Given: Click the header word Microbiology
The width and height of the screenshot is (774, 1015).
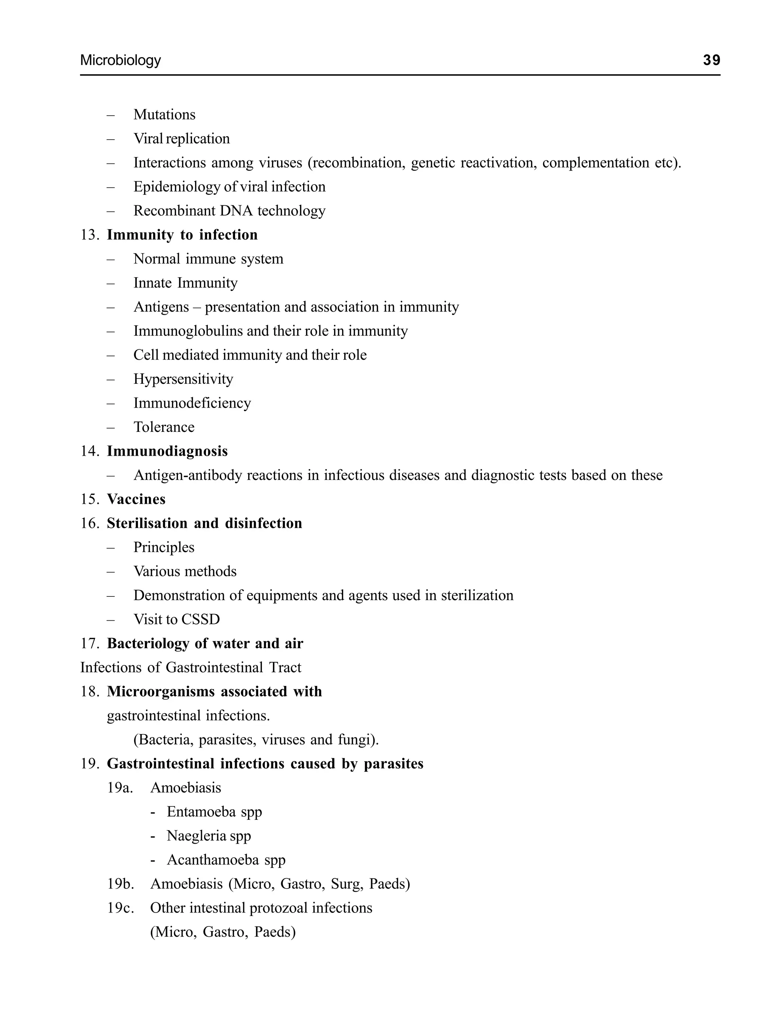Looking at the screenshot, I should click(120, 61).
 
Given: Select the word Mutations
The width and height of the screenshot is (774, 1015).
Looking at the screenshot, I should click(164, 115).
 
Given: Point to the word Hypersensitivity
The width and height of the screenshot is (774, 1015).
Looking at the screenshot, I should click(183, 379).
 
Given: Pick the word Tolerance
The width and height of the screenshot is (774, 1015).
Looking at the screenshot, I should click(164, 427).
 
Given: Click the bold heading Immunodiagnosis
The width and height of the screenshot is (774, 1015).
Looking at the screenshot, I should click(167, 451).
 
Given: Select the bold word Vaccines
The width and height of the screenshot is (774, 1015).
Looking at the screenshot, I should click(136, 499).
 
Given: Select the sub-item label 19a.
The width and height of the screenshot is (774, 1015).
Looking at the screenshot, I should click(120, 788).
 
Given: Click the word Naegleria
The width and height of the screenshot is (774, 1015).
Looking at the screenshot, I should click(196, 836).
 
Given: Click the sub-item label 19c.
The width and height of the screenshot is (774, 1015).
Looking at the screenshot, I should click(120, 908).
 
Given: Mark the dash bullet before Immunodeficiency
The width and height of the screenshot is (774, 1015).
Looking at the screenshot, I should click(111, 404).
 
